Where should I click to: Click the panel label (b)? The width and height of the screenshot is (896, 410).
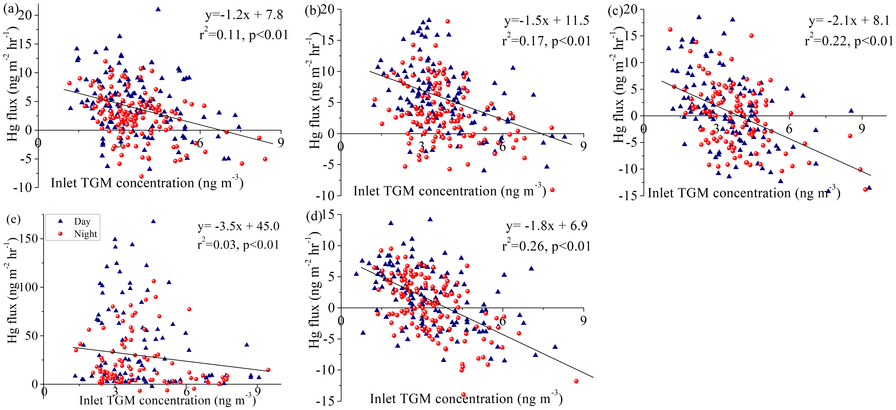[312, 10]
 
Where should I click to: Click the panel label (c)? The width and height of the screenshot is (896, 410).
[615, 10]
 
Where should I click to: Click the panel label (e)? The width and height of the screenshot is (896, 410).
[13, 219]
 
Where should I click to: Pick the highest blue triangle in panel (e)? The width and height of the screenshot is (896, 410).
[153, 221]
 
